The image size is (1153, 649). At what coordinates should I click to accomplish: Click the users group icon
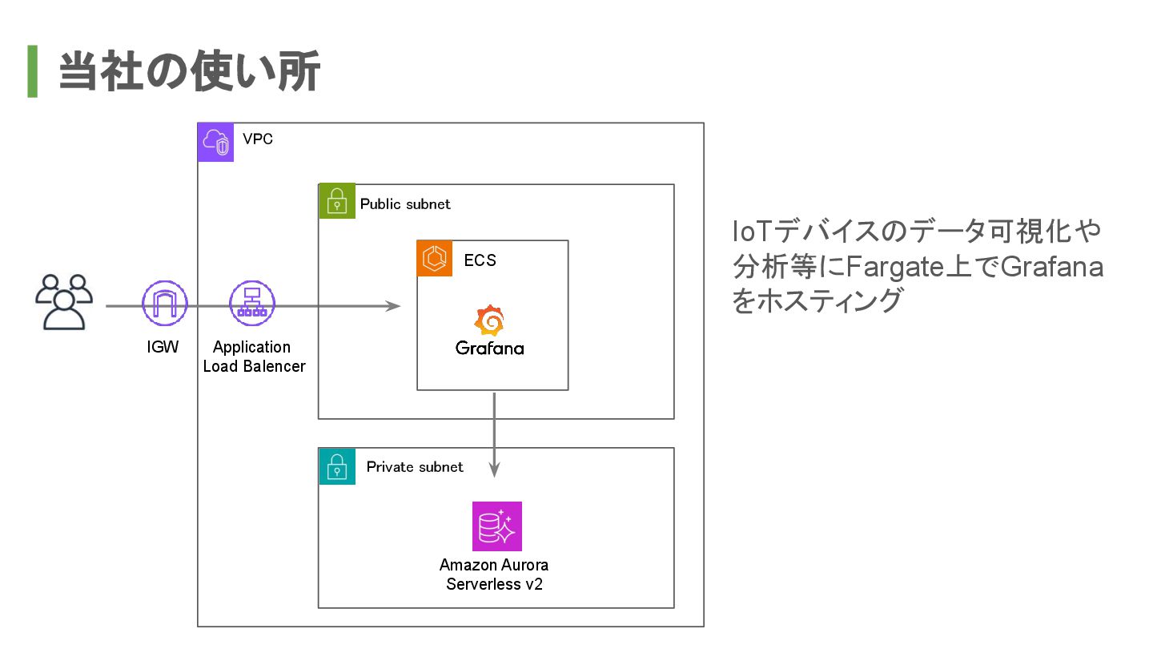(64, 302)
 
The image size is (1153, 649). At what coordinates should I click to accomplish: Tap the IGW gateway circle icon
(165, 304)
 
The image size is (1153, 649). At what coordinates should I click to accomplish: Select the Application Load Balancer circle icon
(252, 304)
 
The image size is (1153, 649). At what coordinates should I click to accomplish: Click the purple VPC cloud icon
(215, 142)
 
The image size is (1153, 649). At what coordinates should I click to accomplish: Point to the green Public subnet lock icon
(337, 201)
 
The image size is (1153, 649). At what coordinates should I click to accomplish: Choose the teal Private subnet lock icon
(337, 466)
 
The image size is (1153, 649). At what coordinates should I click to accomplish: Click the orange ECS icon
(435, 259)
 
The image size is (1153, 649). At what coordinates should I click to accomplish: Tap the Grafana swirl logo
(489, 320)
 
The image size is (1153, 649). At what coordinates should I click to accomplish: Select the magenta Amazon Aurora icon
(497, 526)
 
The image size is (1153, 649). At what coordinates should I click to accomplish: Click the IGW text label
(163, 347)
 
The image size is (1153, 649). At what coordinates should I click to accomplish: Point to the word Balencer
(275, 366)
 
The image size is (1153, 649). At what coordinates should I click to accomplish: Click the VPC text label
(258, 139)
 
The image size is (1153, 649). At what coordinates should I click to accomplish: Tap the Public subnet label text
(405, 204)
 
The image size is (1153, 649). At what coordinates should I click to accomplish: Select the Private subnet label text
(415, 467)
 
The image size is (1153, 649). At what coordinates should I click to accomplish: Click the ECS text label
(480, 260)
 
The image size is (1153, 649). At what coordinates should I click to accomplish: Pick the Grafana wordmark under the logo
(489, 349)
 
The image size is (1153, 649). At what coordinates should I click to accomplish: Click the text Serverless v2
(494, 585)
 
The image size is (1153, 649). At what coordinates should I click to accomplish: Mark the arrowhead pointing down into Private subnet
(494, 470)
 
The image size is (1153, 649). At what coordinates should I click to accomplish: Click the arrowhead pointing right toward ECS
(393, 306)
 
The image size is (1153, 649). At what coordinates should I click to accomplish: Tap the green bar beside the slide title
(32, 71)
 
